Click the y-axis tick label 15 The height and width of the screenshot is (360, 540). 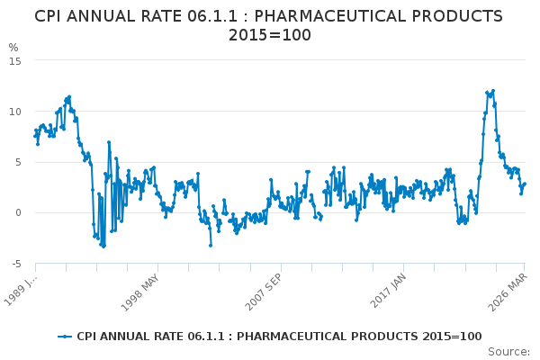(x=15, y=60)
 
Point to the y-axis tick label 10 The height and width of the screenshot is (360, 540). (x=15, y=112)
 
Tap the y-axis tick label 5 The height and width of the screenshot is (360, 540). (x=18, y=162)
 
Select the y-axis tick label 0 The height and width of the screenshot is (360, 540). (x=18, y=213)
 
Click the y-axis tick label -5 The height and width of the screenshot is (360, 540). (x=15, y=264)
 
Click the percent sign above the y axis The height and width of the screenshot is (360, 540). (x=13, y=48)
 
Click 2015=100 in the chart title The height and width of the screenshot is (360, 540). (x=270, y=36)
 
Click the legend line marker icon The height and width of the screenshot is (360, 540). (x=65, y=337)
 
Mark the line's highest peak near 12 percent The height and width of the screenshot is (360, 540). (x=493, y=90)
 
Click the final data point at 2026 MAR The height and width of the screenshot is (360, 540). (x=525, y=184)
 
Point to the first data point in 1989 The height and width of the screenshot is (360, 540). (x=35, y=135)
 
